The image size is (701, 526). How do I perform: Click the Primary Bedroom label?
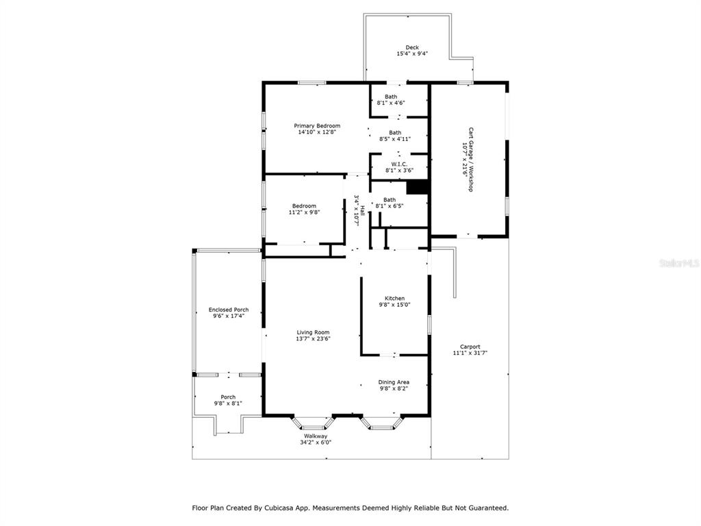(x=317, y=126)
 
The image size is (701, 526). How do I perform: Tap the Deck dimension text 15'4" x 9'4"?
(x=412, y=53)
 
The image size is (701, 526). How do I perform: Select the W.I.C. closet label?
(x=399, y=164)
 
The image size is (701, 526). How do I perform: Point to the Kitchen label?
(x=395, y=299)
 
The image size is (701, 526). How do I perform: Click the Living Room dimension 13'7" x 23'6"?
(x=313, y=338)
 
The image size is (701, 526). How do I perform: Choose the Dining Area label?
(x=394, y=382)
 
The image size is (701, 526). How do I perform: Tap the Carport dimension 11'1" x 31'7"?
(x=470, y=353)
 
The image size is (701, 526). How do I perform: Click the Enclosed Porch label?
(x=229, y=310)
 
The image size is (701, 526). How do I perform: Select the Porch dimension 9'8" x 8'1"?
(x=228, y=403)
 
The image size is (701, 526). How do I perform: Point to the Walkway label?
(x=316, y=436)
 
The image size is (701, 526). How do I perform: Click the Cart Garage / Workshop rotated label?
(x=470, y=160)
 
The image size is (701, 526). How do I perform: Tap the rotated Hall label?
(x=363, y=210)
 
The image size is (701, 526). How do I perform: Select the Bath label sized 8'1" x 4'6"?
(x=391, y=97)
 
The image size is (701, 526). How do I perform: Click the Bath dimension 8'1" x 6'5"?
(x=390, y=206)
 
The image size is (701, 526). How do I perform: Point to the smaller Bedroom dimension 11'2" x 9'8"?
(x=305, y=212)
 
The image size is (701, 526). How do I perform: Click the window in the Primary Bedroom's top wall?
(x=312, y=82)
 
